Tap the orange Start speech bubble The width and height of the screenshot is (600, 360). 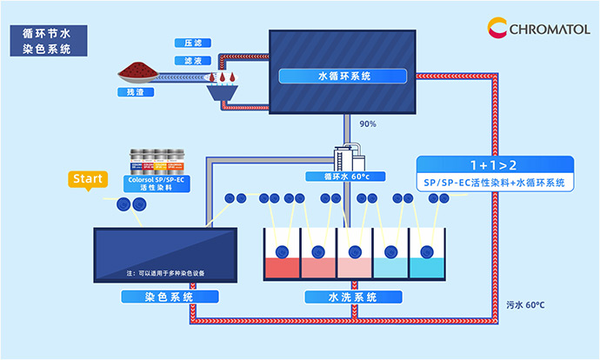pyautogui.click(x=87, y=180)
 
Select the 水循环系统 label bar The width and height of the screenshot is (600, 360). pyautogui.click(x=343, y=76)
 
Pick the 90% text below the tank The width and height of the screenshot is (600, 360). pyautogui.click(x=367, y=124)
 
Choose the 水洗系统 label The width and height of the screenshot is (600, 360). pyautogui.click(x=353, y=297)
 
